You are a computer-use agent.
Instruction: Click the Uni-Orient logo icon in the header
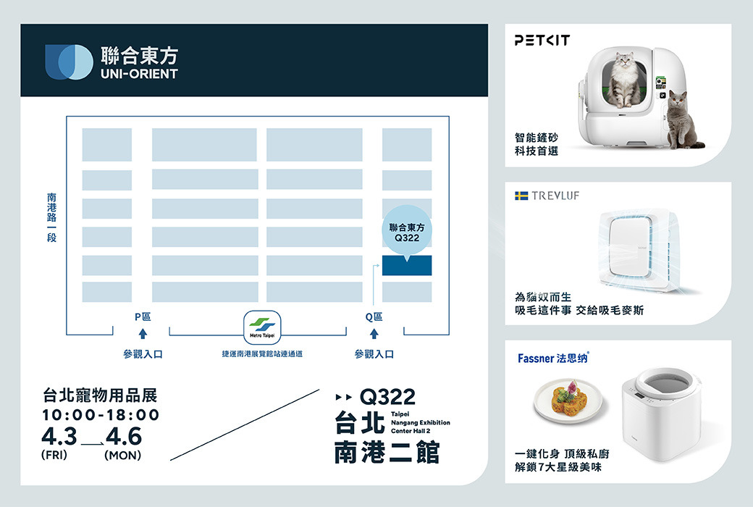[x=70, y=62]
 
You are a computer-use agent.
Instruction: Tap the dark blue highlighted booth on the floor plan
[x=407, y=266]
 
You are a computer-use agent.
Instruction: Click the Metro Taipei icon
[x=262, y=329]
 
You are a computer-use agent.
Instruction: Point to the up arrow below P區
[x=143, y=334]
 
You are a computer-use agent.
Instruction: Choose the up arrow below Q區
[x=374, y=334]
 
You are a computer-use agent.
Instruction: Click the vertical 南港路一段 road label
[x=51, y=217]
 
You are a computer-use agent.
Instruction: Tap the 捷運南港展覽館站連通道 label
[x=262, y=354]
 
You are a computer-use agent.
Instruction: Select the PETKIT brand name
[x=542, y=41]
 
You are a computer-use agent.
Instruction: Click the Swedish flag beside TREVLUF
[x=521, y=196]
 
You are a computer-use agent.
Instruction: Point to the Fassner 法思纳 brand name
[x=554, y=358]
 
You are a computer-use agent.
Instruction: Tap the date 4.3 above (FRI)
[x=59, y=437]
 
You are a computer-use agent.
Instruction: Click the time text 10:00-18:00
[x=101, y=415]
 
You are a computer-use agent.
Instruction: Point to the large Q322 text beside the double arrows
[x=387, y=396]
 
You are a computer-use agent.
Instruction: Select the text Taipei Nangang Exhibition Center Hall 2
[x=420, y=422]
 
